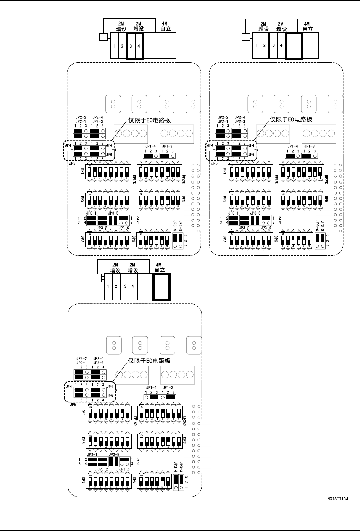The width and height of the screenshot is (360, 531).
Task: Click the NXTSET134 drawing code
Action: coord(337,499)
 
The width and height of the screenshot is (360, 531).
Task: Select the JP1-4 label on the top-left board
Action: coord(150,146)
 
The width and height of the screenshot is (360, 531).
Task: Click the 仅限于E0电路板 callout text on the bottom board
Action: coord(149,361)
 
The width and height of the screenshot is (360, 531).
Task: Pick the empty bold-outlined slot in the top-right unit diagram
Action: coord(294,45)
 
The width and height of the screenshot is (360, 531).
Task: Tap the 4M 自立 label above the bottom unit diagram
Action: coord(160,267)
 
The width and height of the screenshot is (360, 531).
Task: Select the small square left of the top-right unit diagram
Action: coord(245,37)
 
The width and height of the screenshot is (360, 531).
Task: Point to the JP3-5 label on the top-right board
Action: coord(255,213)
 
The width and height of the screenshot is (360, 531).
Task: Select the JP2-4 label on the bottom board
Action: coord(98,358)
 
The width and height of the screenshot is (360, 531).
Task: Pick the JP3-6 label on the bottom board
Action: coord(124,469)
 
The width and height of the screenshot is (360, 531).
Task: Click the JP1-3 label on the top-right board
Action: coord(309,146)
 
